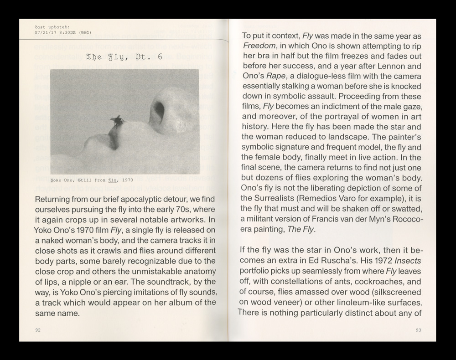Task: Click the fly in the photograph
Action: [x=117, y=121]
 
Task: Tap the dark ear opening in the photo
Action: [x=159, y=109]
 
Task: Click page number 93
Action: [x=418, y=330]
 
